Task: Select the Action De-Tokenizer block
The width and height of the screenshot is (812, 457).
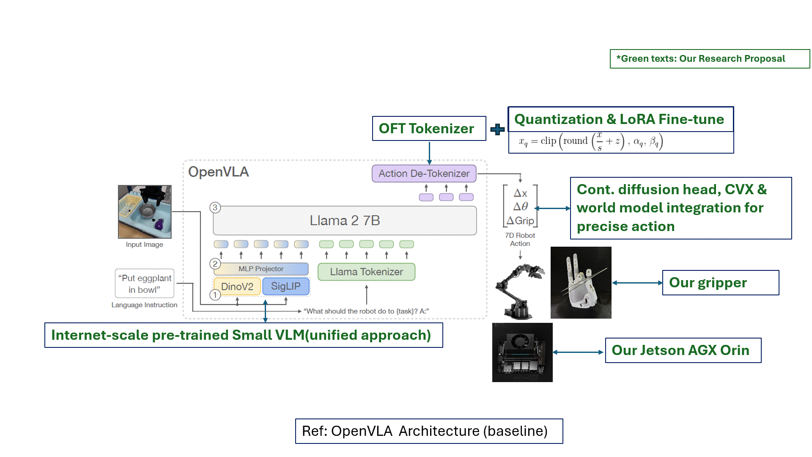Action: tap(424, 173)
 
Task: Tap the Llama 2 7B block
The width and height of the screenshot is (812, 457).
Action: tap(345, 220)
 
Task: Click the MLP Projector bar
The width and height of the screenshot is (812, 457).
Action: tap(261, 269)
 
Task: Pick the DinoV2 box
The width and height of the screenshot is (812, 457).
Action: tap(237, 286)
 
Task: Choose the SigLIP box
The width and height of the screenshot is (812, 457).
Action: tap(286, 286)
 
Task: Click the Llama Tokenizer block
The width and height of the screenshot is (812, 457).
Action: tap(366, 272)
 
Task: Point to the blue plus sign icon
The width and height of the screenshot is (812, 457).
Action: tap(497, 129)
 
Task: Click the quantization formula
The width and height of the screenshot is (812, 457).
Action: tap(591, 142)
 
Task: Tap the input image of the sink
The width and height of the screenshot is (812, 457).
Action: tap(145, 212)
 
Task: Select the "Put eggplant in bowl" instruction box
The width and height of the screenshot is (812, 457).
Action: tap(145, 284)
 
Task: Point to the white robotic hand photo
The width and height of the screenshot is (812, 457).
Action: tap(581, 282)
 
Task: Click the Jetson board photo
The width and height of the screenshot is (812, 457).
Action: tap(522, 352)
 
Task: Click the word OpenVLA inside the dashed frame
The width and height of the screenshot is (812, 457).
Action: tap(218, 172)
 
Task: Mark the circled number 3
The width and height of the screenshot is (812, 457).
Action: tap(215, 207)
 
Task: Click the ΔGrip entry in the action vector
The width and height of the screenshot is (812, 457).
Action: tap(521, 220)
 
